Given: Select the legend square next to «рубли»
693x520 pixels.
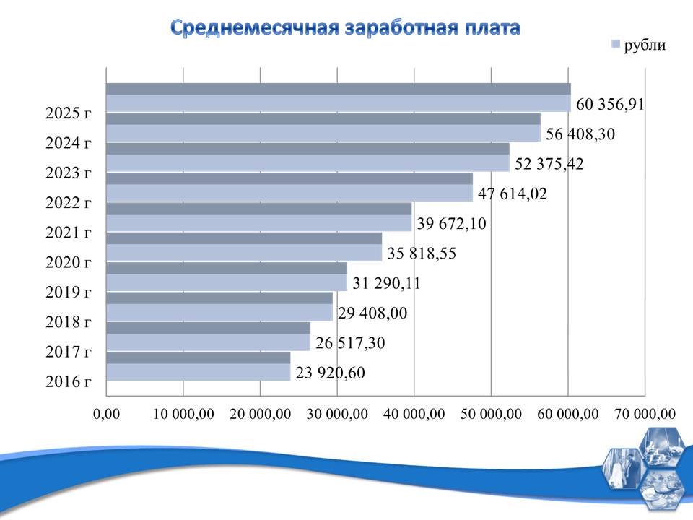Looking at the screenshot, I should tap(615, 45).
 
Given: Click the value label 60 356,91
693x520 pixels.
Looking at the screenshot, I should tap(610, 104).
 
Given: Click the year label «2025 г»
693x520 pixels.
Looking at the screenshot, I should tap(68, 113).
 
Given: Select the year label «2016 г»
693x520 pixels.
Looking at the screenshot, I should tap(68, 382).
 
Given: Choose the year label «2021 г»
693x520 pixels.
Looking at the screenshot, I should tap(68, 233).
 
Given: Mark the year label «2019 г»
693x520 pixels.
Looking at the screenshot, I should tap(68, 292).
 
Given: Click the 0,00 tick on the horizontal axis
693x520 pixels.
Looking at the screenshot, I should tap(106, 414).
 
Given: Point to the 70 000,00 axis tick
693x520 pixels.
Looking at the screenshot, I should tap(645, 414).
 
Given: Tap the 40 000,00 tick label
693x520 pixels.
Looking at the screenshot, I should tap(414, 414).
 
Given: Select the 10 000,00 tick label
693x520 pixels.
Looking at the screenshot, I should tap(183, 414).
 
